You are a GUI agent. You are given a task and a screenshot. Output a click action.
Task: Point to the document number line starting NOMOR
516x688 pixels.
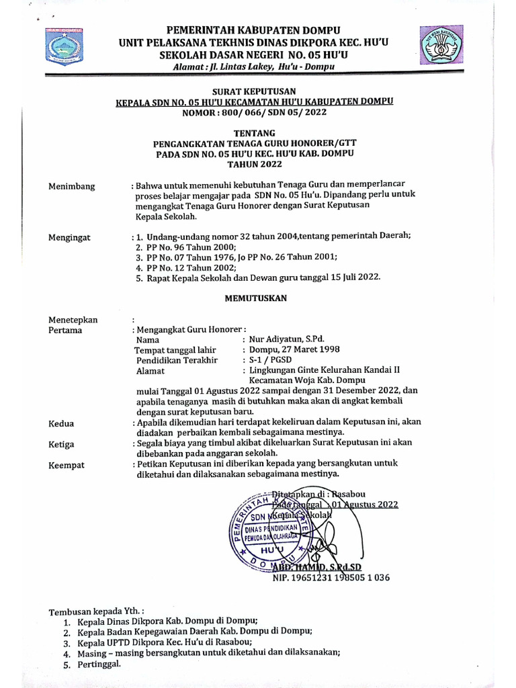254,112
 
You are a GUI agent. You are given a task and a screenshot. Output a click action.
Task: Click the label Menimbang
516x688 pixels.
72,186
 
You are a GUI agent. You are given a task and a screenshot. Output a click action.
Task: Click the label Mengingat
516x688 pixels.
70,237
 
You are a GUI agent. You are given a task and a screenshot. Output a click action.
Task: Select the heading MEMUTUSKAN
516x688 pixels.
254,297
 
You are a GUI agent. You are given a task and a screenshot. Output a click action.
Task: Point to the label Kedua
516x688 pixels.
62,423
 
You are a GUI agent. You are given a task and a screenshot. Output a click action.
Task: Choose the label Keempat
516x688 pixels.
67,465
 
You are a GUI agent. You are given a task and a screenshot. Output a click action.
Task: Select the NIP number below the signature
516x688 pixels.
331,577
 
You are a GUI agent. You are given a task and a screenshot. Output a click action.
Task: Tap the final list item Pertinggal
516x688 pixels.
99,664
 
